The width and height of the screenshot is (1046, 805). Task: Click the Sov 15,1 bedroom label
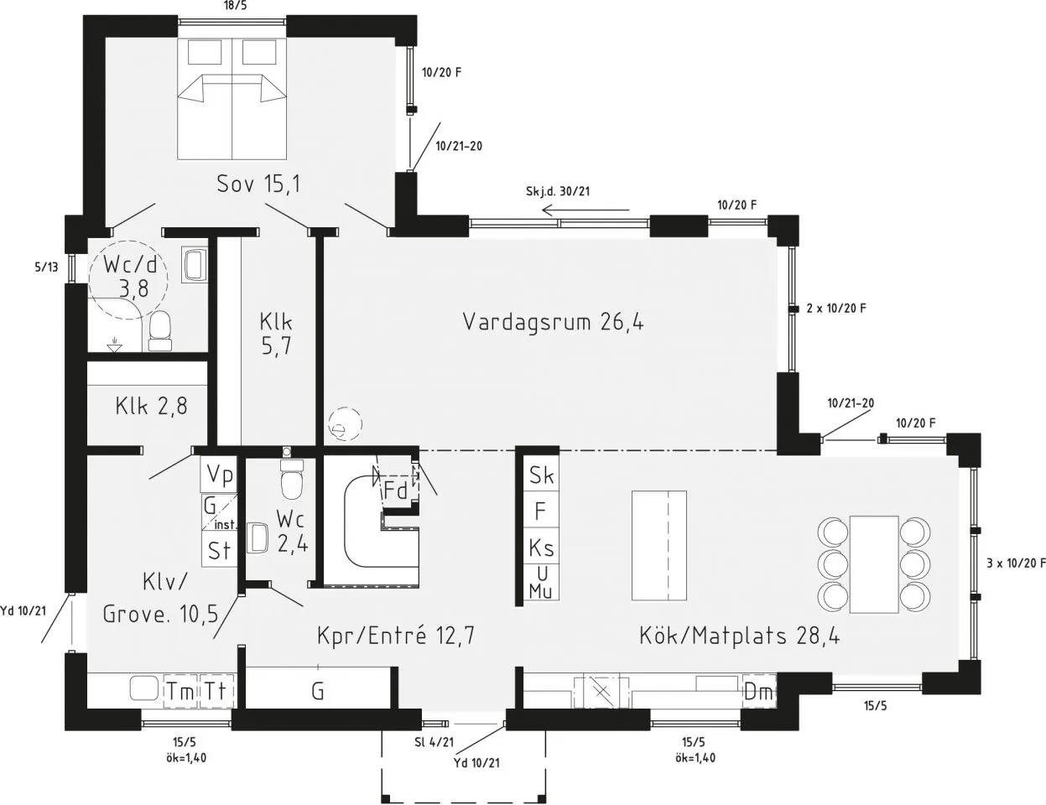[258, 184]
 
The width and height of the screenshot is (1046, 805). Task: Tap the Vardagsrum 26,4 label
[553, 321]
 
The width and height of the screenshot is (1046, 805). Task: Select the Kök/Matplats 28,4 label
[739, 635]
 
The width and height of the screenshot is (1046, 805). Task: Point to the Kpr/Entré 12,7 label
[396, 634]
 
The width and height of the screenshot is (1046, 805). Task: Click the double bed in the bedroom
[232, 99]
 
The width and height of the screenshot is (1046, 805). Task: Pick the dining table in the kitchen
[874, 564]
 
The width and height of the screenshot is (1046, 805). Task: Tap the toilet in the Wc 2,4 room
[292, 479]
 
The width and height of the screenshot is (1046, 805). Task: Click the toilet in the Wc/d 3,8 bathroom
[160, 331]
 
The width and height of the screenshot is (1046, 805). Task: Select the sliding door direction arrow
[585, 210]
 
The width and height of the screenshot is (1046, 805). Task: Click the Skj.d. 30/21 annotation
[558, 191]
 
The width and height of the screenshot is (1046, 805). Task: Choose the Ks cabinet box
[541, 547]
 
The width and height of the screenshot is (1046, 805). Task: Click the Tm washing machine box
[181, 692]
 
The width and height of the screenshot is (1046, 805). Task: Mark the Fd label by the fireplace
[395, 491]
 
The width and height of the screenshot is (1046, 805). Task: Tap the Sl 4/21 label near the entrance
[435, 742]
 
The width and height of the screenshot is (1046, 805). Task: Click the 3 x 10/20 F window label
[1016, 563]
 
